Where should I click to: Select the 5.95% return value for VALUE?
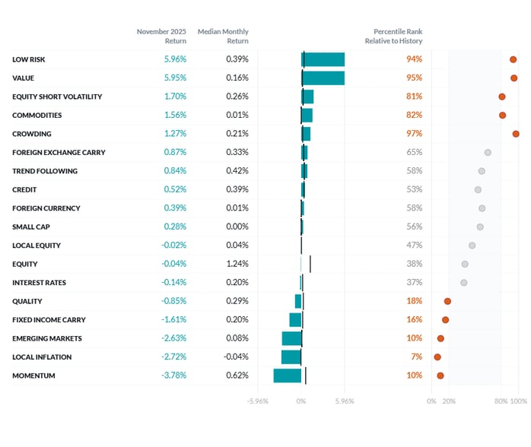click(x=175, y=78)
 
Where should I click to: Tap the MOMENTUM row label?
click(x=33, y=376)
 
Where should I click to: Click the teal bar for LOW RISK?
click(x=323, y=59)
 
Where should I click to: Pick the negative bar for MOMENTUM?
click(x=288, y=376)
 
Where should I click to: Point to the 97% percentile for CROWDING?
click(x=414, y=134)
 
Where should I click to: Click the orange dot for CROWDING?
click(x=516, y=134)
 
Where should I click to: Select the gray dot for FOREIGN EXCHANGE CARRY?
click(x=488, y=152)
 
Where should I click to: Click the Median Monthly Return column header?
click(x=223, y=36)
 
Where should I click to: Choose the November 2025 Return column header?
click(x=161, y=36)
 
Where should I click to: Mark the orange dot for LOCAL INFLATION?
click(x=437, y=357)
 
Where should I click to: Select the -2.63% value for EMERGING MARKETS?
click(x=174, y=338)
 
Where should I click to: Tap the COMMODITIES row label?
click(x=37, y=116)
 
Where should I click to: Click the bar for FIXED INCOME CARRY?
click(x=295, y=320)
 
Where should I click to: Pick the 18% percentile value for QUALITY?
click(x=414, y=301)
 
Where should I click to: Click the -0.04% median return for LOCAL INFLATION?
click(x=236, y=357)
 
